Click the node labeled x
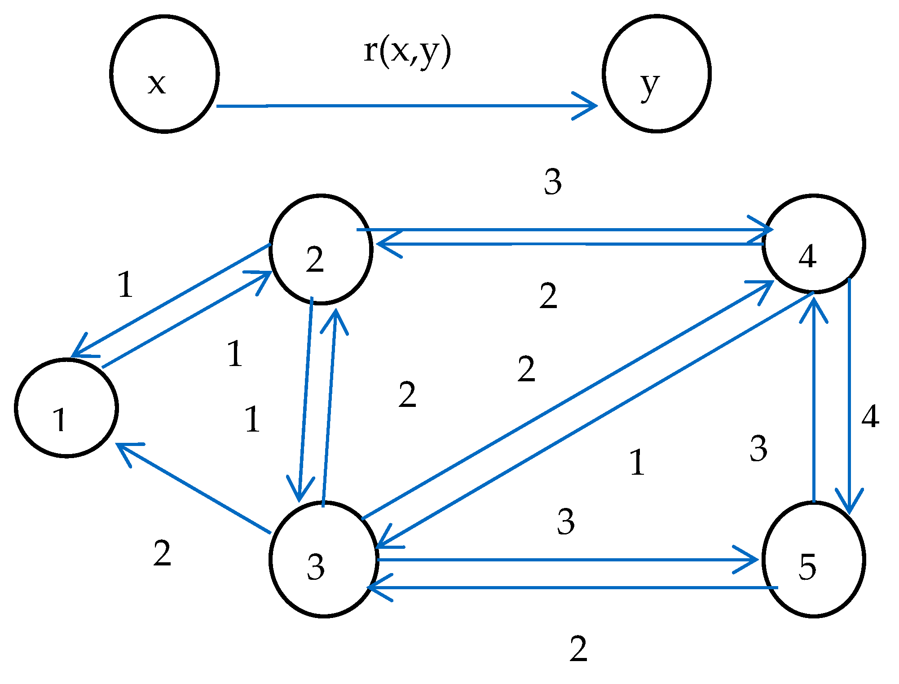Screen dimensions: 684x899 (x=164, y=74)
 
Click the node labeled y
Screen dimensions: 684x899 (x=657, y=74)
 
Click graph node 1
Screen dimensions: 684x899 (x=66, y=408)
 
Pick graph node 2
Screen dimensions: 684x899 (x=321, y=249)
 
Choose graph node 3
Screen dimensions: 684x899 (x=323, y=560)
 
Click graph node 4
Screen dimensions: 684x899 (x=814, y=244)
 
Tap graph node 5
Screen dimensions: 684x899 (x=814, y=560)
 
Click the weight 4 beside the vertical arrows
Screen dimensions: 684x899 (x=870, y=417)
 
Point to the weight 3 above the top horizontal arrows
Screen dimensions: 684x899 (x=553, y=182)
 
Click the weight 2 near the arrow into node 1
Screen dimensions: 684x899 (x=162, y=553)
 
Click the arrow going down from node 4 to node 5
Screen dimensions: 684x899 (x=849, y=395)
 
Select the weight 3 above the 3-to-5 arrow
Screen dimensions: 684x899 (x=566, y=521)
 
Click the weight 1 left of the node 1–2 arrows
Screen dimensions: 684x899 (x=126, y=285)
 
